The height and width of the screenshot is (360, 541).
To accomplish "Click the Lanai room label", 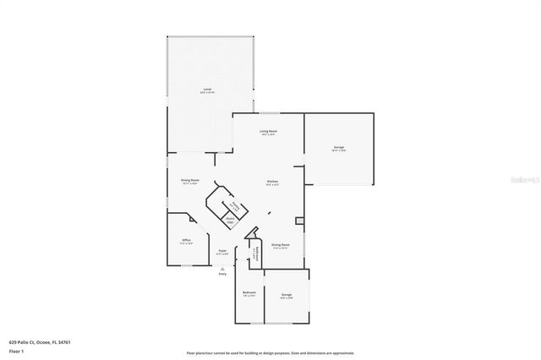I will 207,90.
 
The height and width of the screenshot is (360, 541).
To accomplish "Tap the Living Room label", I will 269,132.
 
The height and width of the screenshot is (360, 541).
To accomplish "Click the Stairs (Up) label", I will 230,220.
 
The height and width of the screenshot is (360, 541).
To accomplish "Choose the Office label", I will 186,241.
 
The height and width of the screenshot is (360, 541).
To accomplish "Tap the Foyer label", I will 222,251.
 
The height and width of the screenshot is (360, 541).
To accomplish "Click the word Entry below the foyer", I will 223,274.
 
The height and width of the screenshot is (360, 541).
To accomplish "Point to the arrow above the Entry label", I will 223,268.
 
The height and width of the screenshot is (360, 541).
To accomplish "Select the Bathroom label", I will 255,254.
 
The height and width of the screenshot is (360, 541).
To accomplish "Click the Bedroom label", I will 249,293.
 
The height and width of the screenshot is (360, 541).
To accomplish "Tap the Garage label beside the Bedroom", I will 287,295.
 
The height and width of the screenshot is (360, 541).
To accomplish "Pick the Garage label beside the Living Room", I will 339,148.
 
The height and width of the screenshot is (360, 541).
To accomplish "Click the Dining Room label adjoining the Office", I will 189,181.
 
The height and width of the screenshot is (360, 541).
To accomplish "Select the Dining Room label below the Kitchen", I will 281,246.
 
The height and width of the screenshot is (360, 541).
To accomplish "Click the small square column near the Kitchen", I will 298,221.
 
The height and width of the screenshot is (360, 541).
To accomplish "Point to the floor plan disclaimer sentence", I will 270,353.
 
